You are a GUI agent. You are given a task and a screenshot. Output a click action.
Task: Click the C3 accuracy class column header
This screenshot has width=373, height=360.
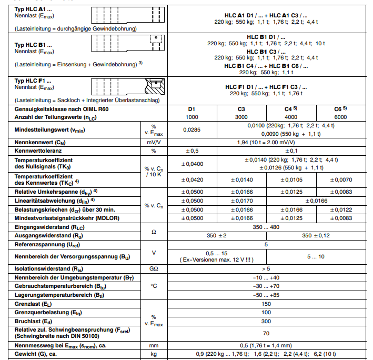click(x=241, y=109)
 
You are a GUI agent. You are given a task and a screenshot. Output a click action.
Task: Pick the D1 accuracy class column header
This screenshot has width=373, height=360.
click(x=192, y=109)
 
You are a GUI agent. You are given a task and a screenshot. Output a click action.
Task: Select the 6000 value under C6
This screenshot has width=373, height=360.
click(x=340, y=117)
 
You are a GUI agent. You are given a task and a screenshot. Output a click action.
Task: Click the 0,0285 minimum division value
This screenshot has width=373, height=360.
click(x=192, y=129)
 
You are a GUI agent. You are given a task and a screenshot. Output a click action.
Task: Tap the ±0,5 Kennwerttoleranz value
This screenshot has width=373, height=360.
click(x=192, y=151)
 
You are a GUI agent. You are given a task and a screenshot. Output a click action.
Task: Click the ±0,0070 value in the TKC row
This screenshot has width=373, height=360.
click(x=340, y=179)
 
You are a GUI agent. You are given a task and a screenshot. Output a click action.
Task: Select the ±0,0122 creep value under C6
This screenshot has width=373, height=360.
click(x=340, y=209)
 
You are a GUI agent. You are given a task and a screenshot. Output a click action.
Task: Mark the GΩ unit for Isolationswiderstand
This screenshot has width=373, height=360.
click(x=154, y=269)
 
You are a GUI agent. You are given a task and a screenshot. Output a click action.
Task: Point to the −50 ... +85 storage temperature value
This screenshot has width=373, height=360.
click(x=266, y=296)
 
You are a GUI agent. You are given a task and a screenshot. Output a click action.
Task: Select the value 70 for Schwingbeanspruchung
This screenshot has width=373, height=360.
click(x=266, y=333)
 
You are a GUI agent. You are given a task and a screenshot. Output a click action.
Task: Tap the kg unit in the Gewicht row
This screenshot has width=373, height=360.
click(x=154, y=355)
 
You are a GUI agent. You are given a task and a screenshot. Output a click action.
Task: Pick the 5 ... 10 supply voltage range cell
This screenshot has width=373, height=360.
click(x=315, y=256)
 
